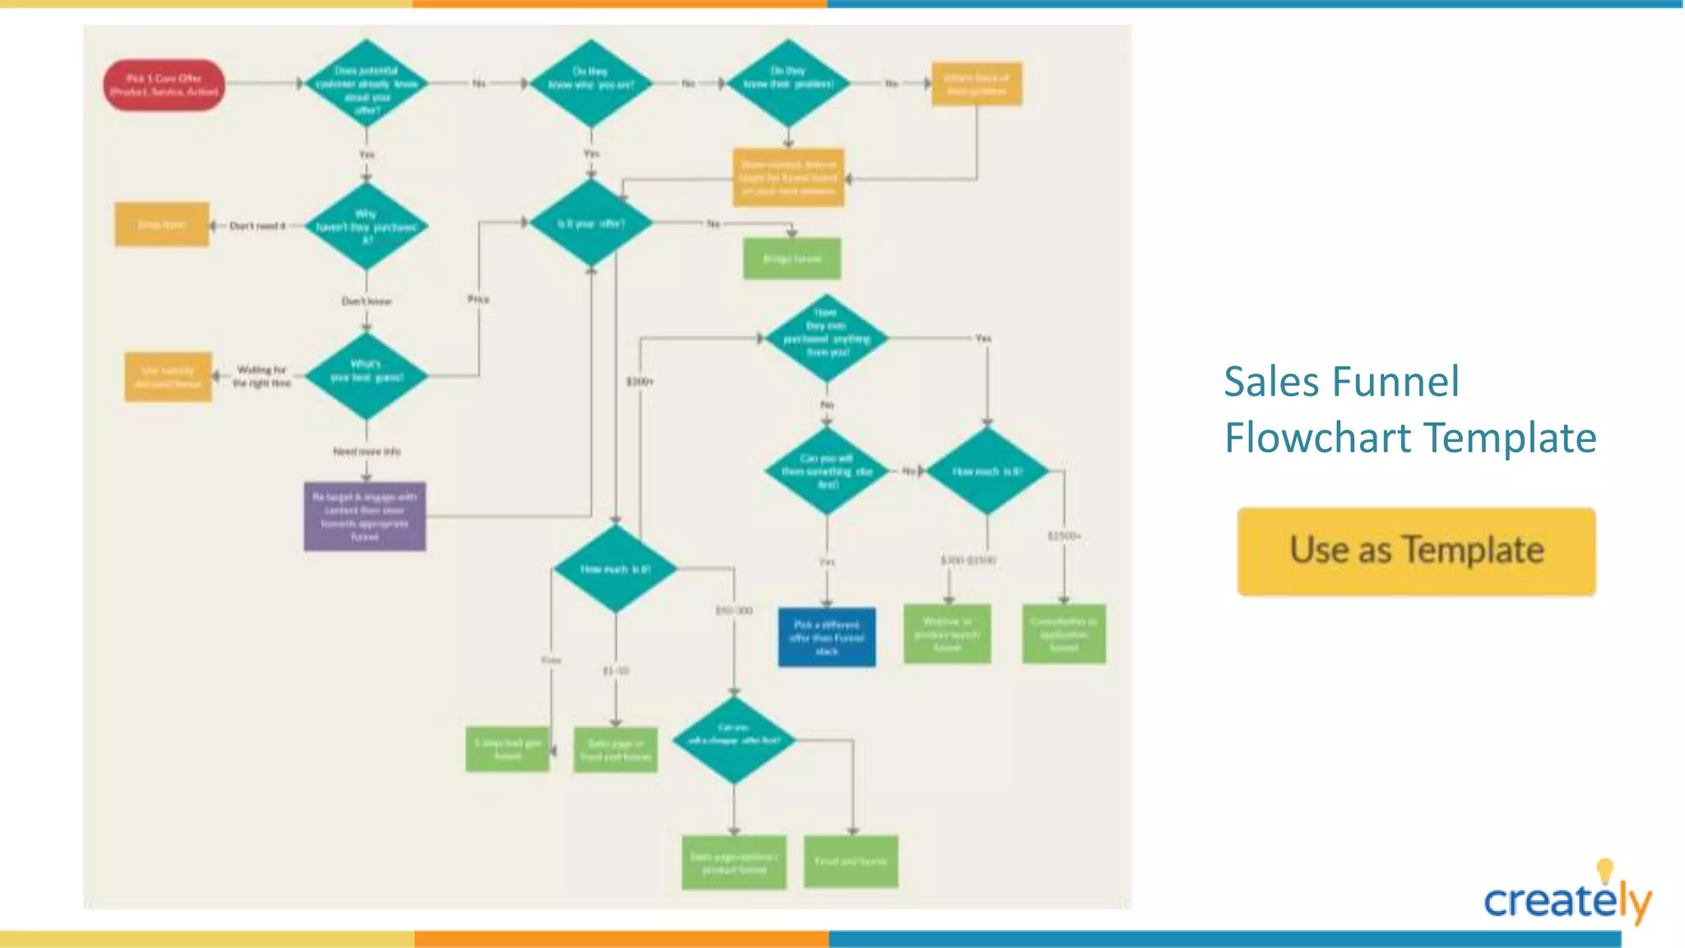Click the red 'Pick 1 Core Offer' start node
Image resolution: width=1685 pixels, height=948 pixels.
(x=165, y=84)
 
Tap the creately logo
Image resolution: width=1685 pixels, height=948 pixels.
(x=1567, y=899)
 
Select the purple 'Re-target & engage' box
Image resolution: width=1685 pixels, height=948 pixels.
(x=364, y=516)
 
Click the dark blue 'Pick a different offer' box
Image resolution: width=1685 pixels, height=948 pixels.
(x=827, y=637)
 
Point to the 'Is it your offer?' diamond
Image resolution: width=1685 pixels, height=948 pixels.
(x=591, y=223)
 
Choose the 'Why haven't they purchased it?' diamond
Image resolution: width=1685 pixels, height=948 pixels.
(x=366, y=226)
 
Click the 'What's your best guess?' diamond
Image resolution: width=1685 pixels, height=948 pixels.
(x=366, y=376)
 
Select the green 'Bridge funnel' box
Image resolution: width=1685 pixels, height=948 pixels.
(x=791, y=258)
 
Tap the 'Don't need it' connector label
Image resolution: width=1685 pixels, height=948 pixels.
(x=257, y=225)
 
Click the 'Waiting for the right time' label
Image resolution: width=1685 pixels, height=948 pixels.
(x=262, y=376)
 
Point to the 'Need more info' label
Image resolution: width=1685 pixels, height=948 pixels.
(x=367, y=451)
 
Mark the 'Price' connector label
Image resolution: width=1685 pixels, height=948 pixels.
(x=478, y=299)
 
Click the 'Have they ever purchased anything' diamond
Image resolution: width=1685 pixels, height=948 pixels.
(x=827, y=338)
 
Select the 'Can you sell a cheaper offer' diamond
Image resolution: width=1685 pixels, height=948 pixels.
(x=734, y=740)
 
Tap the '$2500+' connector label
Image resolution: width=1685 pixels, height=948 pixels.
(x=1064, y=536)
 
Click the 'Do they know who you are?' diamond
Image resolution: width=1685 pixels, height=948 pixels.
(x=591, y=83)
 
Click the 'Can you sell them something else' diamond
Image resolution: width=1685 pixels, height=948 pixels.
(x=827, y=471)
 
